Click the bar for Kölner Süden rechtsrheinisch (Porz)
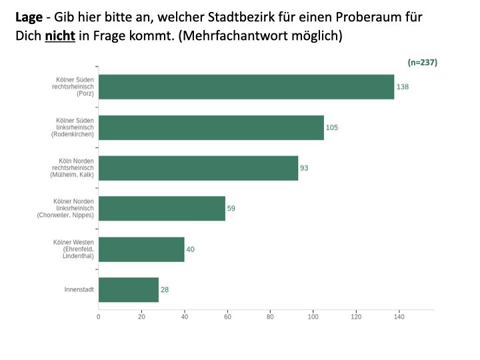(246, 87)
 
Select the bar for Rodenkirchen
(211, 127)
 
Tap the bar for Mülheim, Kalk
(198, 168)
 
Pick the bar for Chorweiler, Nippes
(162, 208)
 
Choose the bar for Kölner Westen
(141, 249)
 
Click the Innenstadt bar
(129, 290)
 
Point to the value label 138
(402, 87)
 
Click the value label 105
(332, 127)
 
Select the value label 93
(304, 168)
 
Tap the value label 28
(165, 290)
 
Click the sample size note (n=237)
(422, 62)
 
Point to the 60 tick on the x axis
(227, 317)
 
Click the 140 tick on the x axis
(399, 317)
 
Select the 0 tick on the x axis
(99, 317)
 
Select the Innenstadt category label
(79, 290)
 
